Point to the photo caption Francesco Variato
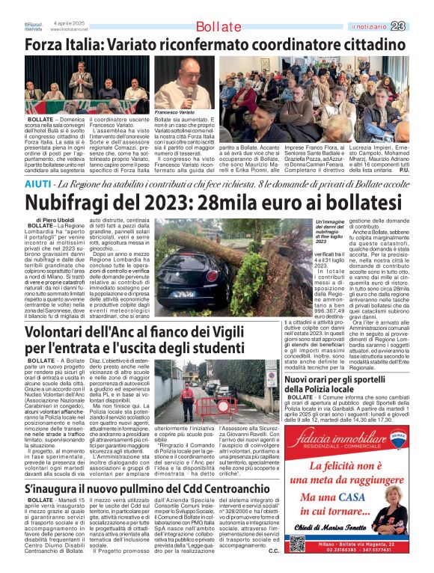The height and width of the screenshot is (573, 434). [x=173, y=111]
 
